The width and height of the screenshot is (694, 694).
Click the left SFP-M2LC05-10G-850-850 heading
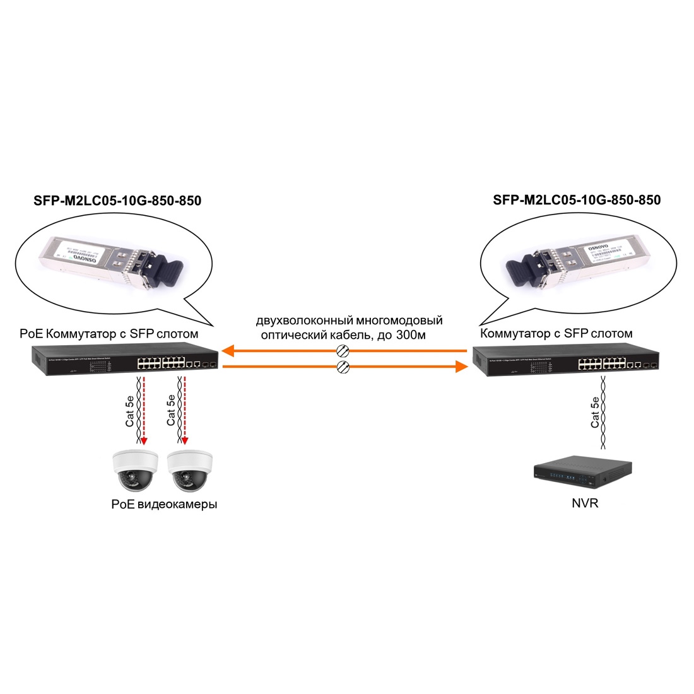(117, 201)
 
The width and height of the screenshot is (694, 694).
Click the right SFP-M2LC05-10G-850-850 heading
(577, 200)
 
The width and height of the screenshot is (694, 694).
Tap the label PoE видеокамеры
(163, 505)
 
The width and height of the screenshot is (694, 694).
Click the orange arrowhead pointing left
(228, 350)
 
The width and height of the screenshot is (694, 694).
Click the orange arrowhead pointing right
(462, 366)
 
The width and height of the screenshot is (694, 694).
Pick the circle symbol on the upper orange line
(343, 351)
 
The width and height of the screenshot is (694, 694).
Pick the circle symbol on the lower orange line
(343, 367)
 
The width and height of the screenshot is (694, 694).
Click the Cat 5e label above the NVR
(595, 412)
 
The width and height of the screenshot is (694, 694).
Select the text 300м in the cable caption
(411, 335)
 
